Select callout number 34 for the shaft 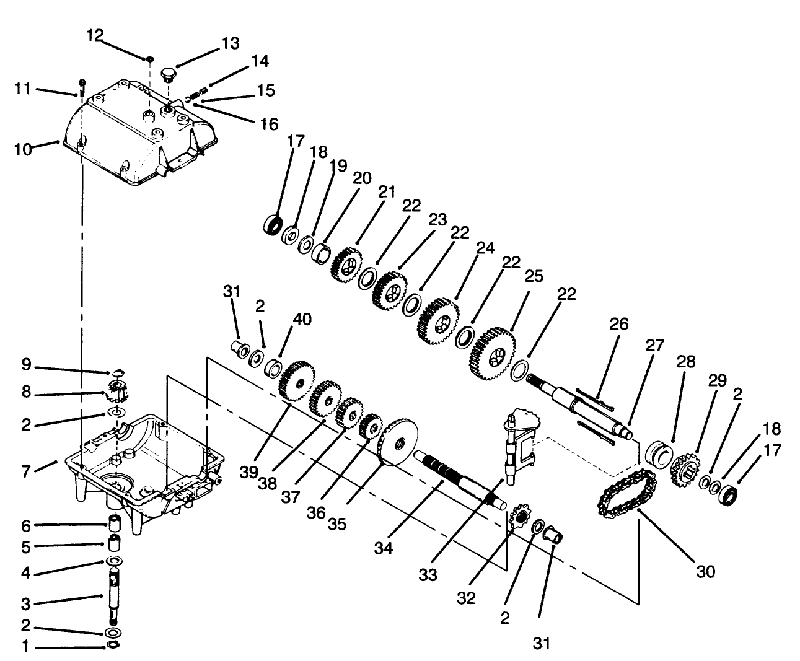[383, 548]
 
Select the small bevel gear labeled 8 [116, 392]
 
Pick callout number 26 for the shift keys [618, 324]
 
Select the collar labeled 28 [658, 455]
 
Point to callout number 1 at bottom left [25, 649]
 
